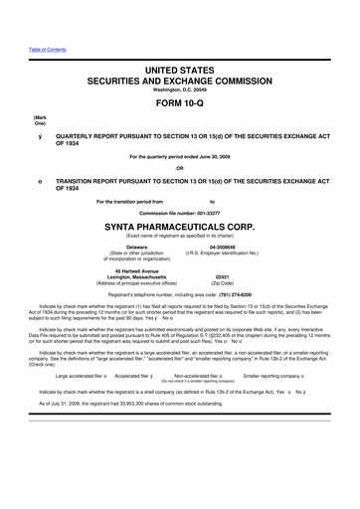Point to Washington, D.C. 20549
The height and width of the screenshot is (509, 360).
(180, 88)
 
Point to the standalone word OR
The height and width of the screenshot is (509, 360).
(179, 166)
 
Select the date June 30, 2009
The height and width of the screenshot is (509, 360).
(221, 156)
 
